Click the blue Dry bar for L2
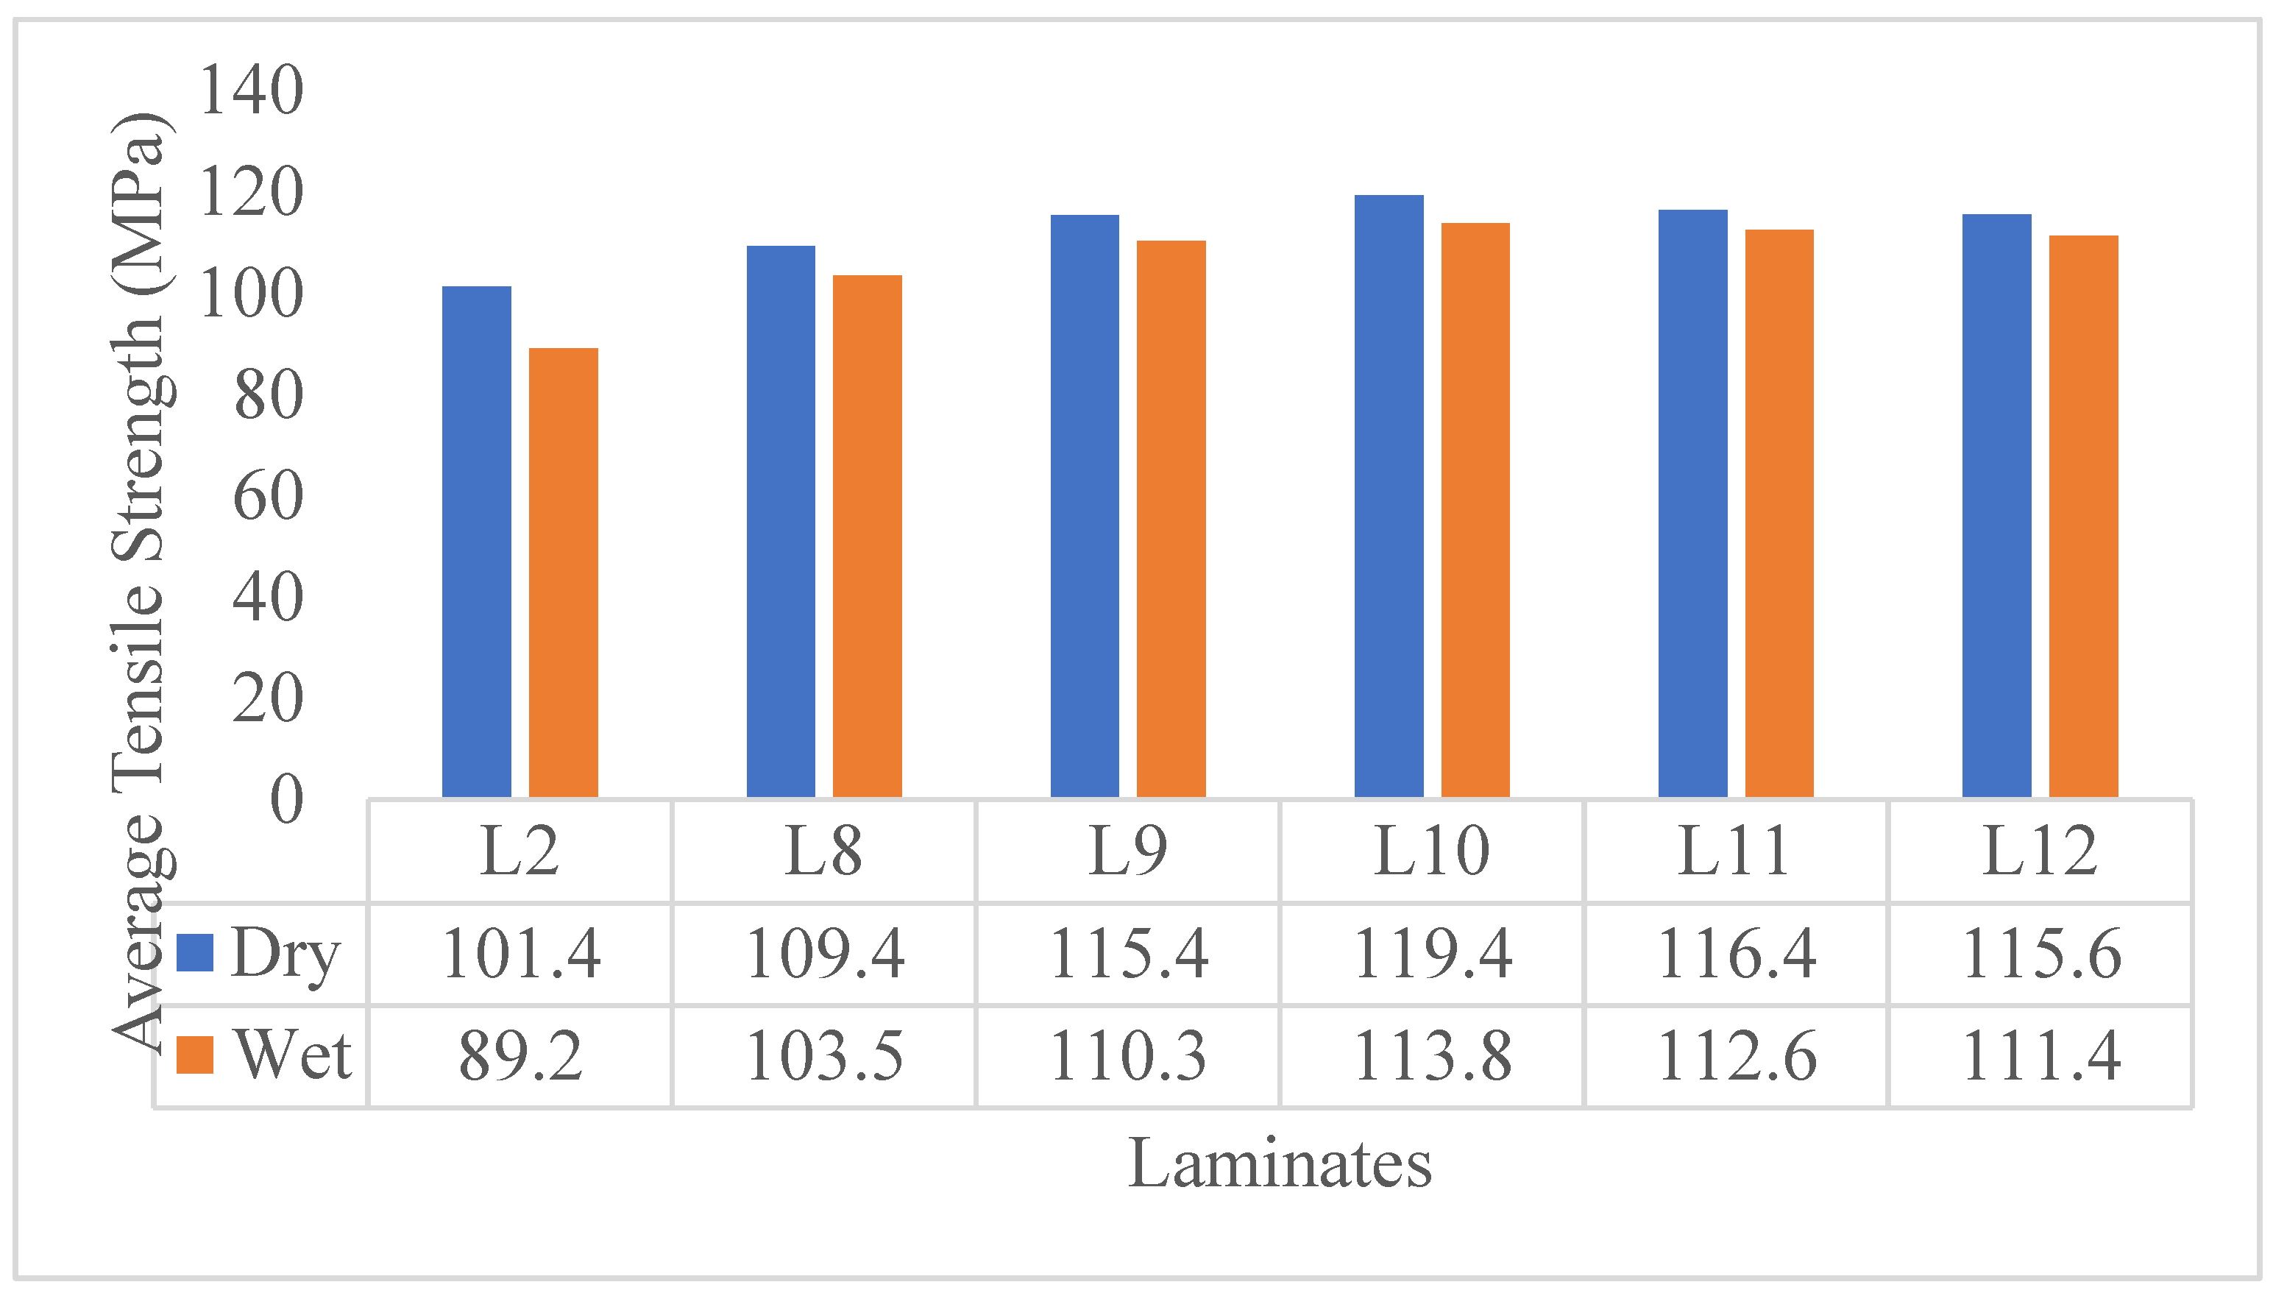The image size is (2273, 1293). tap(476, 542)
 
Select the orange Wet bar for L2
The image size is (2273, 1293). tap(563, 573)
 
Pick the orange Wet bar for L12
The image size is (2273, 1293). tap(2083, 516)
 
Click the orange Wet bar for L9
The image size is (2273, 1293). tap(1171, 519)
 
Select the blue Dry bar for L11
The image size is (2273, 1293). tap(1692, 503)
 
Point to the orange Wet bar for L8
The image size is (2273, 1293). tap(867, 536)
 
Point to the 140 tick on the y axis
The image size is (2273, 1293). tap(251, 90)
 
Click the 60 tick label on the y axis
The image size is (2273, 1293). tap(267, 495)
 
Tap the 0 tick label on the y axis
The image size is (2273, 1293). tap(286, 799)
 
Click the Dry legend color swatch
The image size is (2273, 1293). tap(194, 953)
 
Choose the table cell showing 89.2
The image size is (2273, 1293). tap(520, 1056)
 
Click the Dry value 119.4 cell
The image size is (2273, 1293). tap(1431, 954)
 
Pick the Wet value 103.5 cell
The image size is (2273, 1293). tap(824, 1056)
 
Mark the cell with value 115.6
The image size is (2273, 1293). tap(2040, 954)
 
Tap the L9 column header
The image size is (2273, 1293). tap(1127, 851)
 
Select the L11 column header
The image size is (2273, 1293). tap(1734, 851)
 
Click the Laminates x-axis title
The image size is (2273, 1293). tap(1280, 1163)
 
